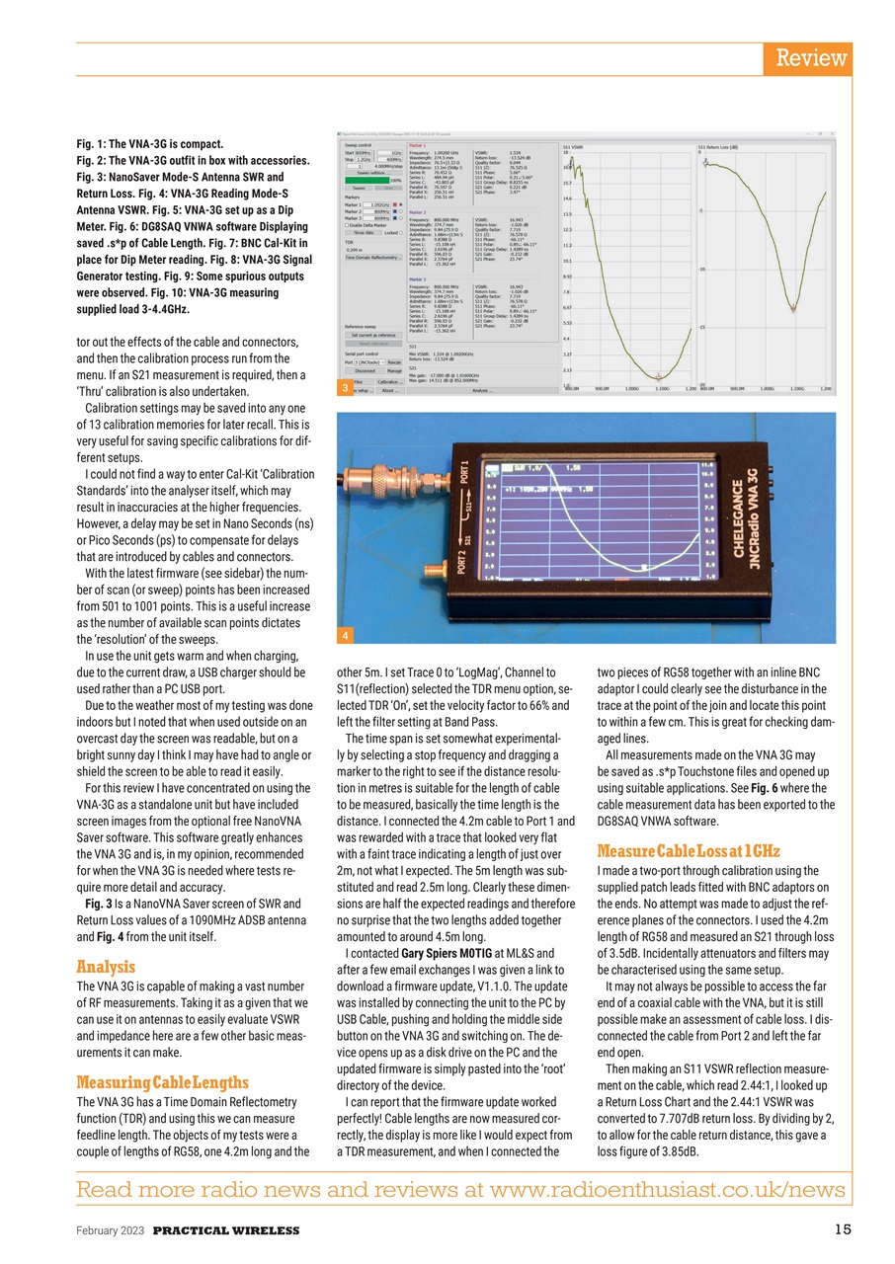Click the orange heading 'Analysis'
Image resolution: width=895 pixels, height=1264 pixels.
click(x=107, y=967)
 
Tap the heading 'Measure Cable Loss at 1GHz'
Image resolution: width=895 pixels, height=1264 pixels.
click(x=690, y=850)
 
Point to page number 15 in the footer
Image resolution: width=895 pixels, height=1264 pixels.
click(x=842, y=1229)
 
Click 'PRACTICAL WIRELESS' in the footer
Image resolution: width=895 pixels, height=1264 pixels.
click(x=226, y=1230)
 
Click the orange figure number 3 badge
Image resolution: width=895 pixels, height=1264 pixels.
click(x=344, y=389)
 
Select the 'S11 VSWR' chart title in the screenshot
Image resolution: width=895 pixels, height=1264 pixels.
click(x=574, y=146)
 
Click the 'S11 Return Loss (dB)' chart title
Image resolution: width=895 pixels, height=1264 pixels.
click(x=719, y=146)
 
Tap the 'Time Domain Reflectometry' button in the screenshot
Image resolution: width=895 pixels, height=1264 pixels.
click(x=375, y=258)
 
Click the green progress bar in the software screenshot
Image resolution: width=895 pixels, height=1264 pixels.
click(x=367, y=180)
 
